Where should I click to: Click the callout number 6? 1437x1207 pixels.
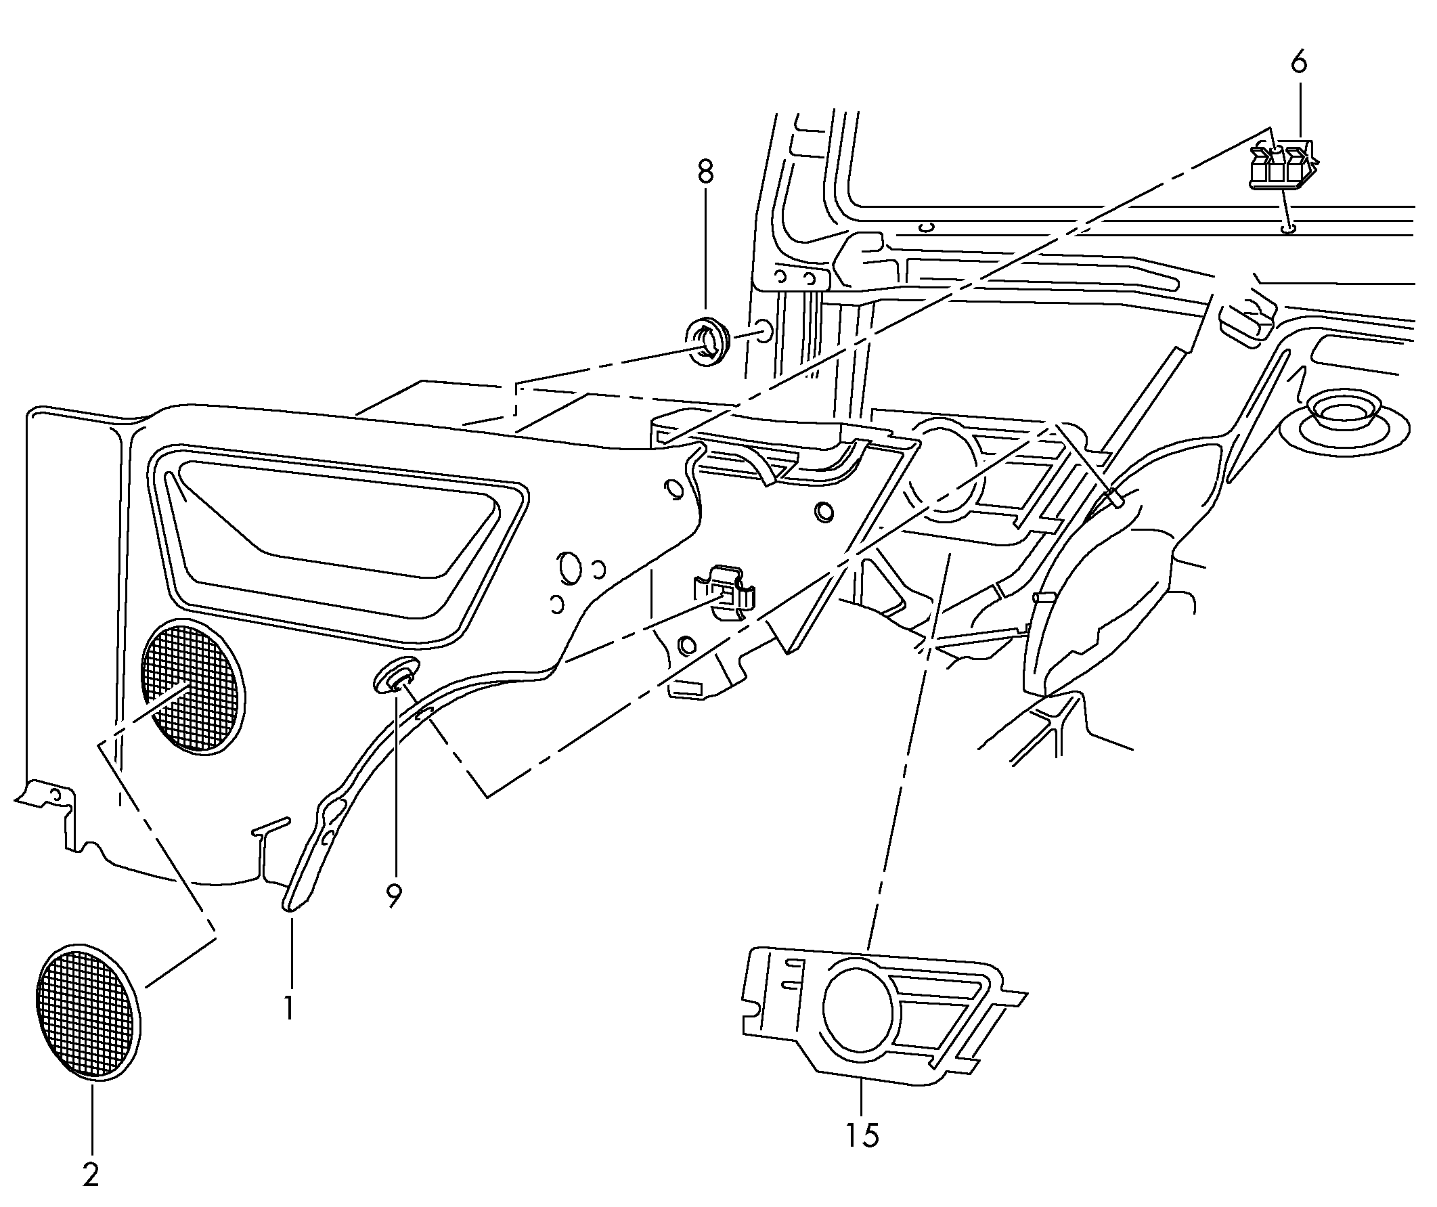pyautogui.click(x=1298, y=63)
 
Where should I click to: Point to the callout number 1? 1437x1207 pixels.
pyautogui.click(x=290, y=1008)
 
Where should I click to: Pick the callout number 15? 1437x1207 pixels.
pyautogui.click(x=862, y=1136)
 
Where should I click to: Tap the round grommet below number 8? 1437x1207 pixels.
pyautogui.click(x=708, y=340)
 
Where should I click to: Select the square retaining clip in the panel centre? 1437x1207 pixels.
pyautogui.click(x=726, y=592)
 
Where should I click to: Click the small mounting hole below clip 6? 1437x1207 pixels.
pyautogui.click(x=1287, y=229)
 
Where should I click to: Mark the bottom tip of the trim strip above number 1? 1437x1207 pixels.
pyautogui.click(x=288, y=908)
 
